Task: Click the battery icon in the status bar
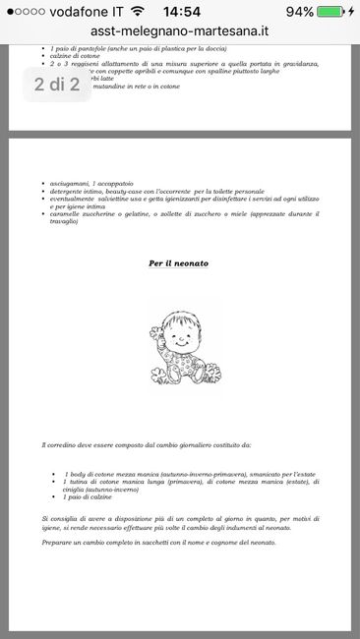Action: pos(334,11)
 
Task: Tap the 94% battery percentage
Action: pos(302,11)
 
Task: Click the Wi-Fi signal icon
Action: pos(136,11)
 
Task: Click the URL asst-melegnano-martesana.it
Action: pos(179,31)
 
